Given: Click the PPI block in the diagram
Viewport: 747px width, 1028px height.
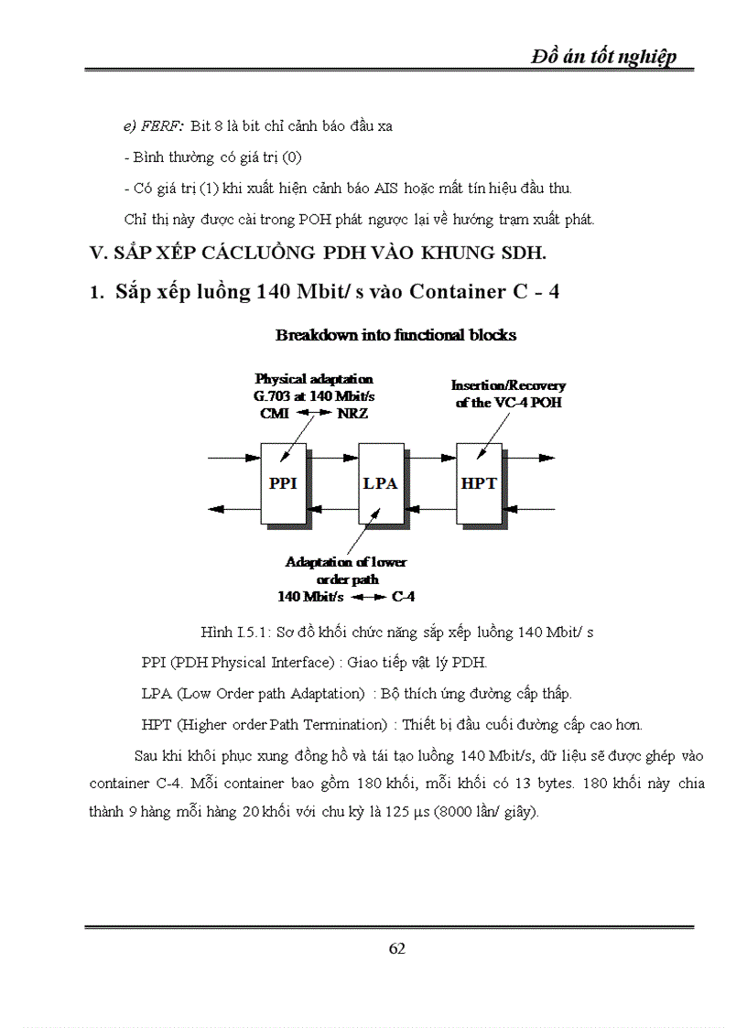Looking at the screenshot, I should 283,483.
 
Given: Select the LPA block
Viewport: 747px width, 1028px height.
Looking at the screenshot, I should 380,483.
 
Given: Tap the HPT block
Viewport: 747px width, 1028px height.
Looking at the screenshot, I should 479,483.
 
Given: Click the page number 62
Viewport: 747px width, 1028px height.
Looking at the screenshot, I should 396,948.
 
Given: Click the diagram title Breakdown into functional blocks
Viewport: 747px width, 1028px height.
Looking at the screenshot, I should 395,335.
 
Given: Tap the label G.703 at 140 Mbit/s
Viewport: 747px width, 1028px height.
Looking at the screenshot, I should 313,395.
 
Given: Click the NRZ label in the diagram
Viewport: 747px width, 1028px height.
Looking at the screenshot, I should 352,412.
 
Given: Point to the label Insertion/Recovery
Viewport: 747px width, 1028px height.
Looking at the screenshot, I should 508,386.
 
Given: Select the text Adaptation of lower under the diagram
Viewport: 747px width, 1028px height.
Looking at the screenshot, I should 346,562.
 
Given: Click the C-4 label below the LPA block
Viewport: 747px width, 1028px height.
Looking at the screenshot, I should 404,597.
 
